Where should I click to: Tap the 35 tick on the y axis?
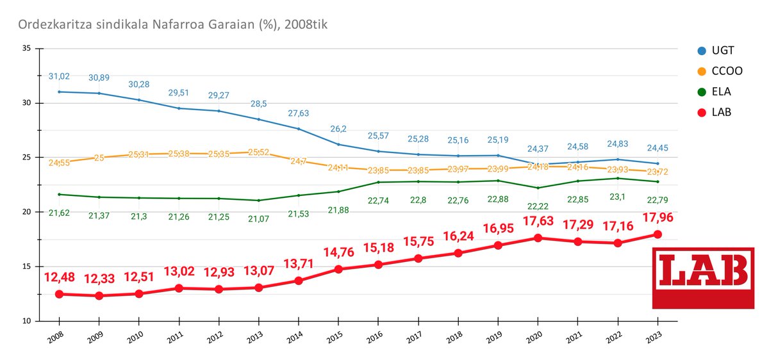pyautogui.click(x=26, y=48)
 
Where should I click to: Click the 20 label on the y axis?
pyautogui.click(x=26, y=212)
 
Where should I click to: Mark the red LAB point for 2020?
pyautogui.click(x=538, y=238)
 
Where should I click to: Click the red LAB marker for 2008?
pyautogui.click(x=59, y=294)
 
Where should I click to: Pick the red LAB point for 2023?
pyautogui.click(x=657, y=234)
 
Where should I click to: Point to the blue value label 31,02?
pyautogui.click(x=59, y=76)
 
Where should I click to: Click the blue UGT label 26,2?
pyautogui.click(x=338, y=128)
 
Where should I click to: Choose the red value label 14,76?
pyautogui.click(x=338, y=253)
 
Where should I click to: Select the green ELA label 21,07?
pyautogui.click(x=258, y=220)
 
